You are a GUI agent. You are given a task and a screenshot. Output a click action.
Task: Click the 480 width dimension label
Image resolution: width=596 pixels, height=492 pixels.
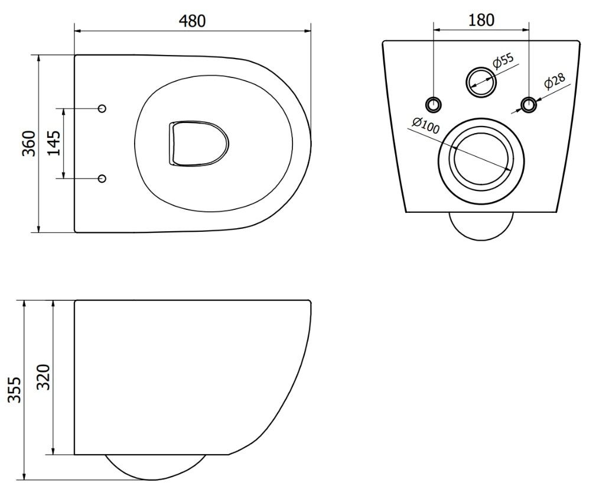click(192, 21)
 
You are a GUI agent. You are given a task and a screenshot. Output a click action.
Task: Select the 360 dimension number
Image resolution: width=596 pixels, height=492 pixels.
click(29, 144)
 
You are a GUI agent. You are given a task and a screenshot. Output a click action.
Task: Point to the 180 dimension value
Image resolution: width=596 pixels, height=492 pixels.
click(481, 20)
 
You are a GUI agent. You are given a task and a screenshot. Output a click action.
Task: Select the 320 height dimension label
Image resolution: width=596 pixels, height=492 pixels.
click(43, 377)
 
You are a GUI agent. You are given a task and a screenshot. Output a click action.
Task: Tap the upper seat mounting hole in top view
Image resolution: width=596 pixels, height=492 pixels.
click(102, 108)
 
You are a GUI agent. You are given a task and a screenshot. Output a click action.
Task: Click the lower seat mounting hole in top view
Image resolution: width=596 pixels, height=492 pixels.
click(102, 178)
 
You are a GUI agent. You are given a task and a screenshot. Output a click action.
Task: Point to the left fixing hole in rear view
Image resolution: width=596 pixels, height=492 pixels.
click(434, 104)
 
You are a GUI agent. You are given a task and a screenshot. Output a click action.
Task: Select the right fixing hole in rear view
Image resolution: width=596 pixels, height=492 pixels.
click(529, 104)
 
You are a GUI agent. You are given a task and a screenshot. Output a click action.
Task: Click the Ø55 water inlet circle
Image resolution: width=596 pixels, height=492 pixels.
click(481, 81)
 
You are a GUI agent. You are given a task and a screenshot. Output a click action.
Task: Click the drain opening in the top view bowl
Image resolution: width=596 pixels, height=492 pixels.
click(198, 144)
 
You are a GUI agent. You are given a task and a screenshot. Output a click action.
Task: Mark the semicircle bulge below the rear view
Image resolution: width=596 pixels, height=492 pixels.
click(481, 226)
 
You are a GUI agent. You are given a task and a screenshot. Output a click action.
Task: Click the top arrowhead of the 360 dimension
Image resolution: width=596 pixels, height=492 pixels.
click(38, 59)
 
